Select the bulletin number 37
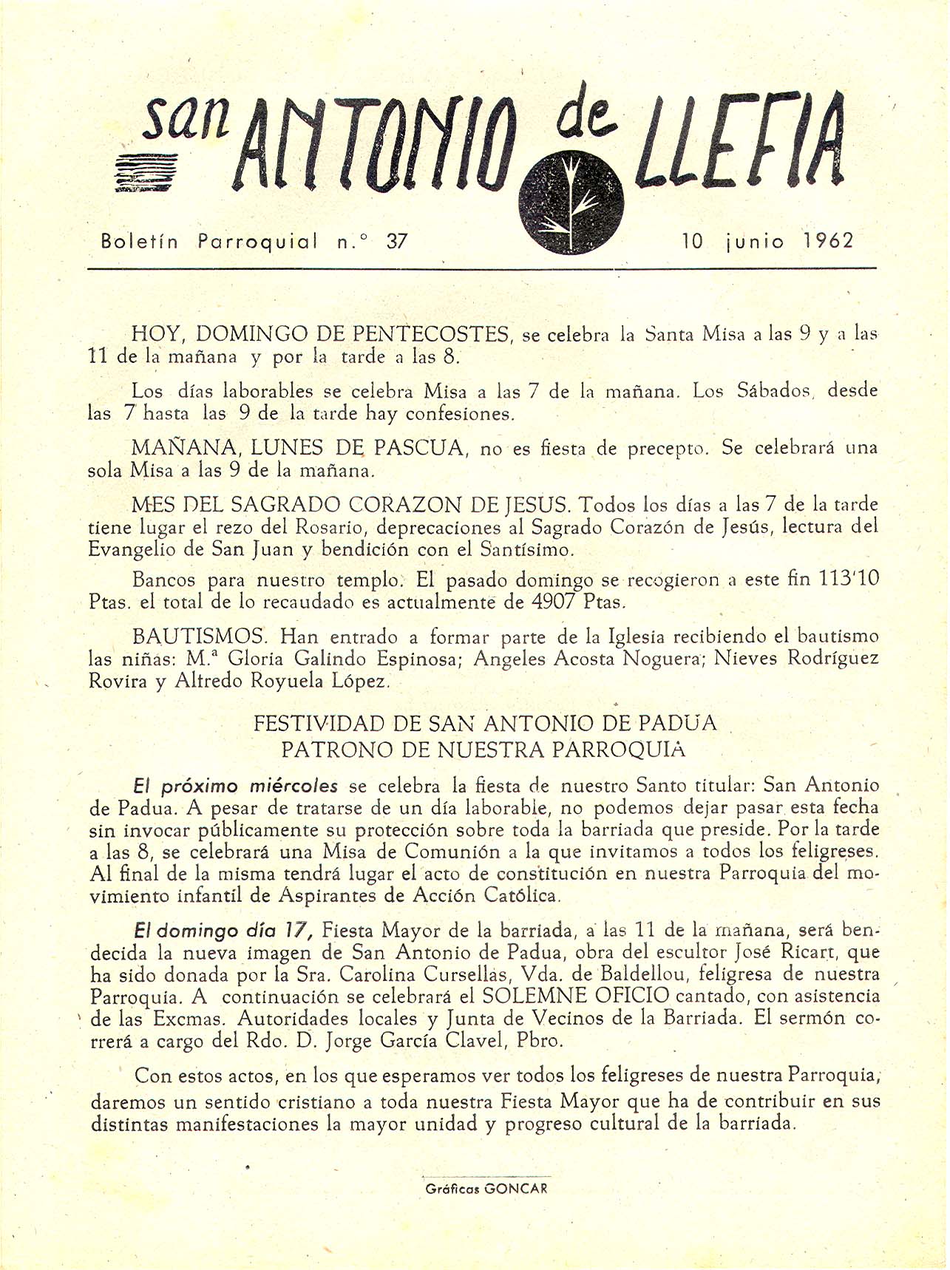[x=397, y=241]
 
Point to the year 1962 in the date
[x=828, y=241]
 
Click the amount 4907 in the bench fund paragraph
[x=554, y=601]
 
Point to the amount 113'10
[x=848, y=579]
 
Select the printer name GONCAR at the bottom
[x=516, y=1189]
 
